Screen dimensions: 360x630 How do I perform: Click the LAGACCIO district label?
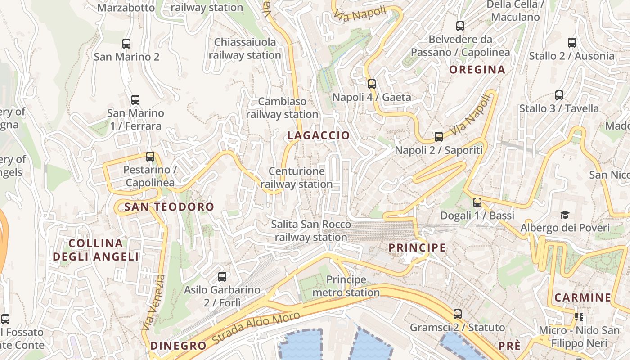318,135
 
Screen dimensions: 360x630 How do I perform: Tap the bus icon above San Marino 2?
126,44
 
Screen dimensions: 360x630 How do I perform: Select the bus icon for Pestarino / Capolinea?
150,157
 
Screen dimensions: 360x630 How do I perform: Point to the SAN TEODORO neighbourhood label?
169,207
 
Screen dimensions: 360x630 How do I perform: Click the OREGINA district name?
477,70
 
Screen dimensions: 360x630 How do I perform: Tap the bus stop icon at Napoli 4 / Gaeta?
372,84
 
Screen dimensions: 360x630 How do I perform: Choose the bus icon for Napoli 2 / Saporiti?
439,137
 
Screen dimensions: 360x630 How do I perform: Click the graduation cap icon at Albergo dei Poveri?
565,215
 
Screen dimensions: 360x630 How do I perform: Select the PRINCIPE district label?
417,248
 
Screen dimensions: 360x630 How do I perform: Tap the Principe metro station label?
346,286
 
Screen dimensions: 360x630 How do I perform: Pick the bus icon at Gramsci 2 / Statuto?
458,314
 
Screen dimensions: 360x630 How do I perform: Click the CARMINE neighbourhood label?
582,297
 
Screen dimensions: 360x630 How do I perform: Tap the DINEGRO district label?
178,346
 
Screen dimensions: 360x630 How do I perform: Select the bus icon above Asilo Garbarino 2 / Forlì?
222,277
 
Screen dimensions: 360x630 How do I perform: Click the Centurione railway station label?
297,178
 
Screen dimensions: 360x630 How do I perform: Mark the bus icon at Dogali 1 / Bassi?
477,202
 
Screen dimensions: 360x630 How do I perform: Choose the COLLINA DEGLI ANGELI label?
96,250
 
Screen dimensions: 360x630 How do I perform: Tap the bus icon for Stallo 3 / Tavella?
559,95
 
